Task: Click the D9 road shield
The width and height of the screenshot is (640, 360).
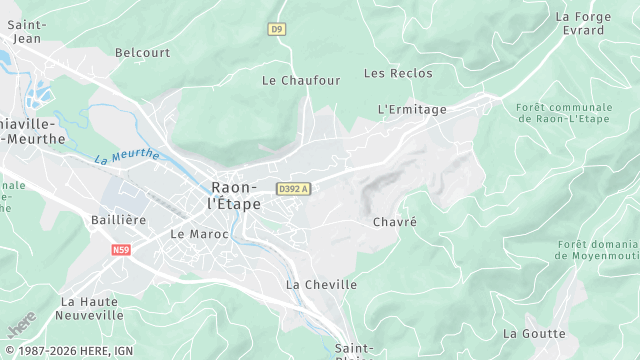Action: (x=277, y=29)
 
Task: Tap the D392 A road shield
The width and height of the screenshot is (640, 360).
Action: (x=294, y=189)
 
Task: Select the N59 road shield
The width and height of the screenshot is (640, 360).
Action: (x=122, y=250)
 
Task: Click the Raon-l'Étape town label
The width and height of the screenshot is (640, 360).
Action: (x=236, y=195)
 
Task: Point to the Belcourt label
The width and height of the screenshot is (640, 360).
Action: (x=142, y=52)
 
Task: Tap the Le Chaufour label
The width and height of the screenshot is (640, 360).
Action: (x=301, y=79)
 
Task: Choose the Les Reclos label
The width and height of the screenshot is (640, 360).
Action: (x=398, y=73)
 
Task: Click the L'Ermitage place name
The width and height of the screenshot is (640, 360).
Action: (x=412, y=108)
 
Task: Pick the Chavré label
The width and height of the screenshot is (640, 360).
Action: (x=393, y=221)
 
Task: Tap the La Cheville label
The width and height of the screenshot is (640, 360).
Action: (x=321, y=284)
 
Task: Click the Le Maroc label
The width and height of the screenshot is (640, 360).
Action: (x=199, y=234)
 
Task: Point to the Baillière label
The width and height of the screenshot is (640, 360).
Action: (x=118, y=219)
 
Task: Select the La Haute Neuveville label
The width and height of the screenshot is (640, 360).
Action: (x=92, y=308)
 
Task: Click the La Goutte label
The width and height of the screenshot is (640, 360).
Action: (x=534, y=333)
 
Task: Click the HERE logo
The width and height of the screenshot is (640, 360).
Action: (x=21, y=327)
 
